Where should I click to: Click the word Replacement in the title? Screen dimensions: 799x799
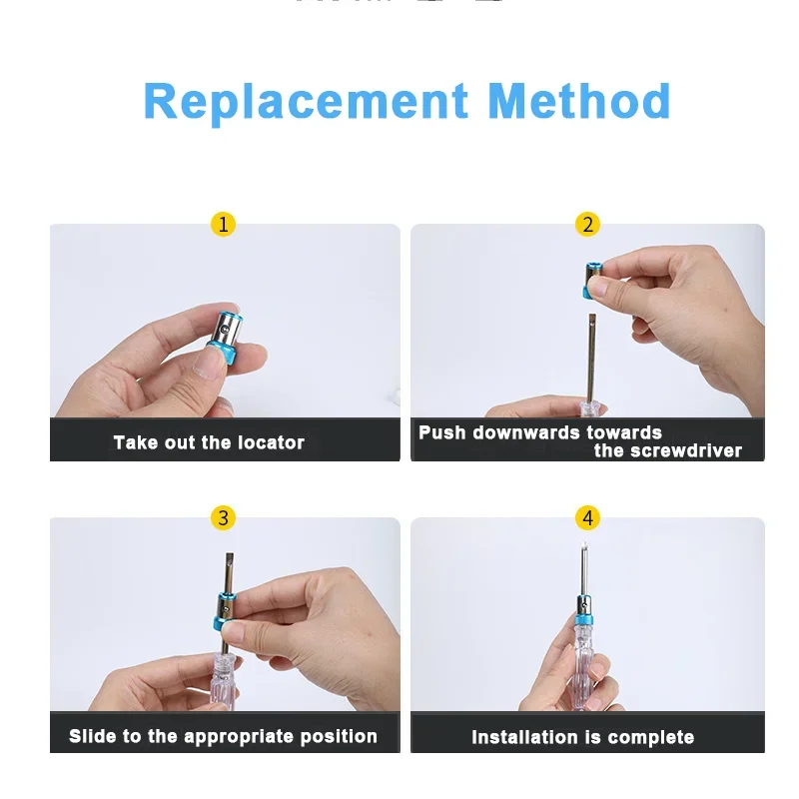pyautogui.click(x=306, y=102)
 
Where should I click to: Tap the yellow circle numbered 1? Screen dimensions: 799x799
pyautogui.click(x=224, y=225)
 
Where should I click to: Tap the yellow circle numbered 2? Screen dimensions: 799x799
pyautogui.click(x=587, y=225)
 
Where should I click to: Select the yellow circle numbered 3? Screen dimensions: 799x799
pyautogui.click(x=224, y=517)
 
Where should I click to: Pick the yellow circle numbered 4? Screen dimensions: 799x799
pyautogui.click(x=587, y=517)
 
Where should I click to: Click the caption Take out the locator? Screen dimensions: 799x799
pyautogui.click(x=209, y=442)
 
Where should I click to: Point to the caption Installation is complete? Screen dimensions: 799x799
pyautogui.click(x=582, y=738)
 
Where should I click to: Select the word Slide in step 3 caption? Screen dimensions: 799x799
pyautogui.click(x=93, y=736)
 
